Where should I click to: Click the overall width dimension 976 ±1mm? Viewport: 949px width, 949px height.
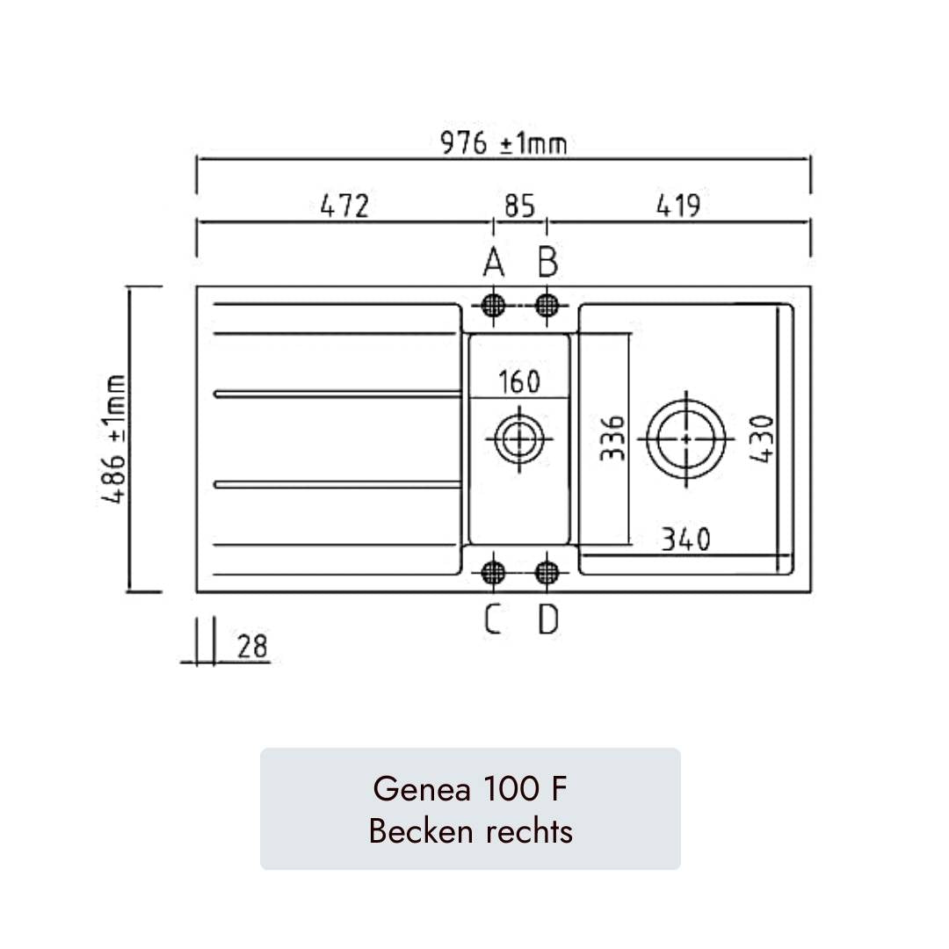[x=503, y=143]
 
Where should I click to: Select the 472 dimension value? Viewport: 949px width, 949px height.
[x=344, y=206]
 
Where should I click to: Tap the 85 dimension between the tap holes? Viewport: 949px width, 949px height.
[x=519, y=206]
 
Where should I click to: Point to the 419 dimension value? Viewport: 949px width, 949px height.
[x=677, y=206]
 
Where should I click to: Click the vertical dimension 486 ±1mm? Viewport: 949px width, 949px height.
[x=113, y=438]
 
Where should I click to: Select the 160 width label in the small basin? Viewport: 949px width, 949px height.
[x=519, y=382]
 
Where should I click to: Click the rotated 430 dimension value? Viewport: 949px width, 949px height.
[x=761, y=438]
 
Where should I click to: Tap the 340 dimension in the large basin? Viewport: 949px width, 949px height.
[x=685, y=539]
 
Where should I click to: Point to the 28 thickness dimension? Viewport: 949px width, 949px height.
[x=252, y=647]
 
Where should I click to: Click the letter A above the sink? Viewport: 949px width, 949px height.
[x=493, y=262]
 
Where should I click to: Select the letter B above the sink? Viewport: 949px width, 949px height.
[x=547, y=262]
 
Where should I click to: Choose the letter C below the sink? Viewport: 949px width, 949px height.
[x=493, y=620]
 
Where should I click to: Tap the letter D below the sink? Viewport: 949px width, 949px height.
[x=547, y=620]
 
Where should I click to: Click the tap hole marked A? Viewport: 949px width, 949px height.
[x=494, y=305]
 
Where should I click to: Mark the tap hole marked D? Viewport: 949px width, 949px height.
[x=547, y=573]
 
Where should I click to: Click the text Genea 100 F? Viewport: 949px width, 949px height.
[x=470, y=789]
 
